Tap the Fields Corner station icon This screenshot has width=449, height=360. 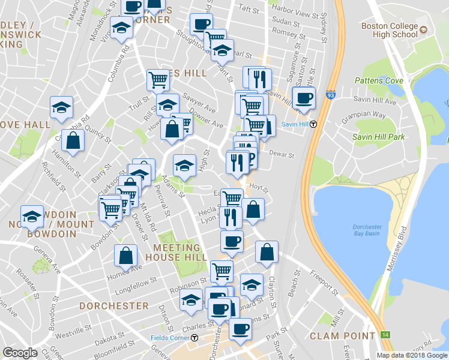coord(195,338)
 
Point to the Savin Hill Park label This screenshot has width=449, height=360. coord(378,137)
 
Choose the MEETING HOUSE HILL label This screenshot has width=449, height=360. coord(176,253)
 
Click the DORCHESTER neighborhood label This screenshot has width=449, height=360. coord(114,305)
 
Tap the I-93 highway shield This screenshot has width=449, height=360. coord(331,95)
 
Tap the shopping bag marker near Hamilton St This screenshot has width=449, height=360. coord(73,141)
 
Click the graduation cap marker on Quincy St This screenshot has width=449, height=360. coord(61,108)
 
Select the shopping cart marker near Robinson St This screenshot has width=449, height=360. coord(221,271)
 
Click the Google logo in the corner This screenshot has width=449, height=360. coord(20,353)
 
